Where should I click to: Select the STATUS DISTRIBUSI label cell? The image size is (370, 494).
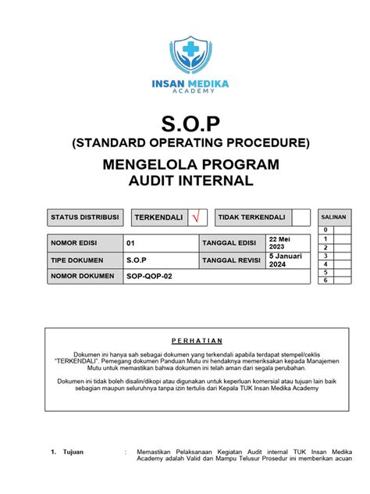[x=84, y=217]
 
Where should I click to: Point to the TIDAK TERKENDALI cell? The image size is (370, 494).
[x=251, y=217]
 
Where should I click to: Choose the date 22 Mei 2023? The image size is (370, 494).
[x=279, y=242]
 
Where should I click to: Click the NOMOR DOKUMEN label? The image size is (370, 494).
[x=84, y=276]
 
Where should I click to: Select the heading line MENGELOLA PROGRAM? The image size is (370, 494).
[x=184, y=166]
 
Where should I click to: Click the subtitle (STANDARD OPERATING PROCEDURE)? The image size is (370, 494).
[x=184, y=142]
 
